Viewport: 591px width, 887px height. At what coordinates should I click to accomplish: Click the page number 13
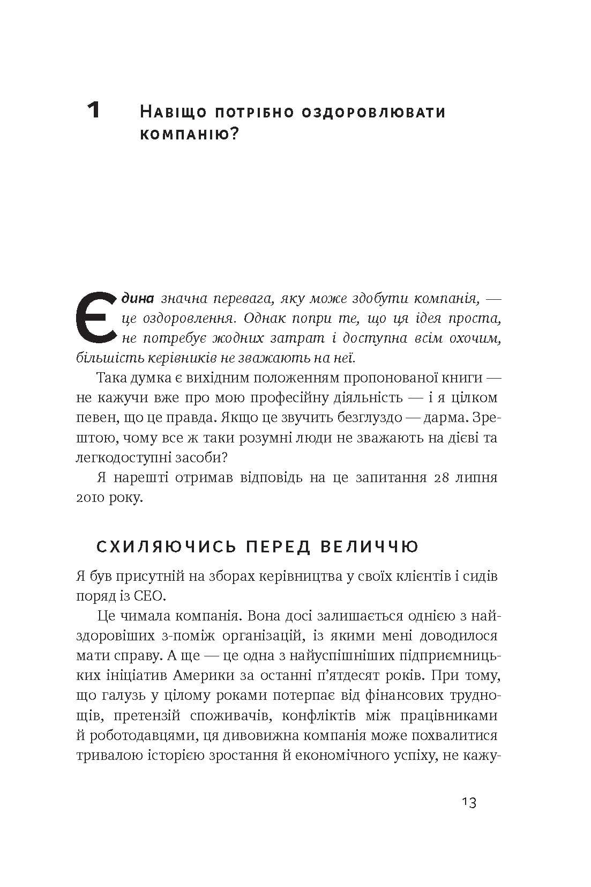pos(468,803)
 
